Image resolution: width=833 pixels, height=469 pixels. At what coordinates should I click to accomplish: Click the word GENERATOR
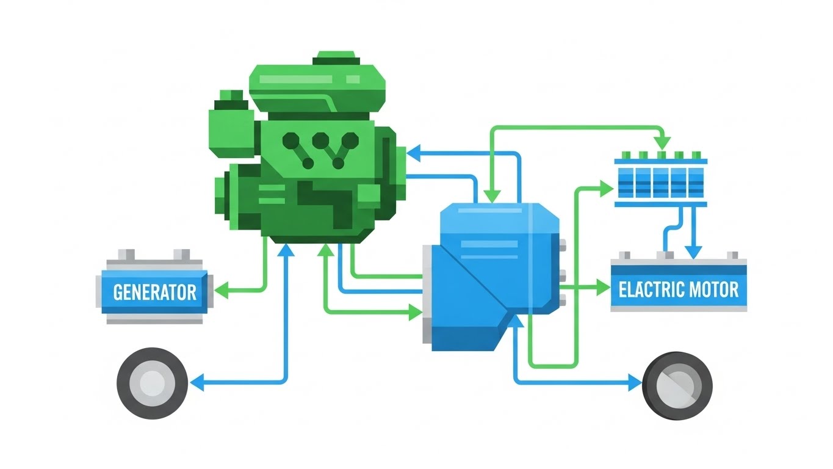coord(155,292)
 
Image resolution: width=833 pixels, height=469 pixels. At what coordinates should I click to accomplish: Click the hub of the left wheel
coord(152,384)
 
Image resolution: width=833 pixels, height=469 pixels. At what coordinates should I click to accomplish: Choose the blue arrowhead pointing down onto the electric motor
coord(691,250)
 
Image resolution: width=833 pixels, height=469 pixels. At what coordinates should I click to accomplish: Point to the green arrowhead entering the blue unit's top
coord(492,195)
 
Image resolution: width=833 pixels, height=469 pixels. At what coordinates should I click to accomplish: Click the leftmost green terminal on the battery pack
coord(624,155)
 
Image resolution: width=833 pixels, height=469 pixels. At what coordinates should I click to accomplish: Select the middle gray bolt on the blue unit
coord(563,273)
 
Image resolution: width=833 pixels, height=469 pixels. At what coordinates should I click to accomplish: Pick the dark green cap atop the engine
coord(333,59)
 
